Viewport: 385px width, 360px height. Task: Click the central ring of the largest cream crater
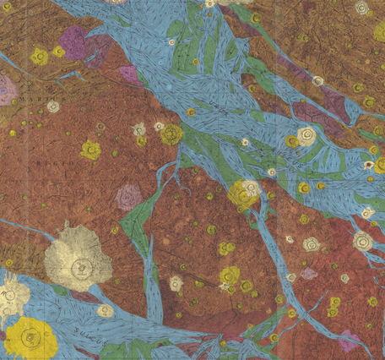coord(79,269)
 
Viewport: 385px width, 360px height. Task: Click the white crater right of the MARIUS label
coord(53,106)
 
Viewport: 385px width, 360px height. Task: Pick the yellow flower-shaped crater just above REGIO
coord(90,150)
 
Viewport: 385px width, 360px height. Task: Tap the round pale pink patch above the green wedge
coord(128,197)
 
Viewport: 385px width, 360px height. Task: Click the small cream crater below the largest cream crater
coord(105,310)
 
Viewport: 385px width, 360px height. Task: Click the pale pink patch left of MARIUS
coord(7,89)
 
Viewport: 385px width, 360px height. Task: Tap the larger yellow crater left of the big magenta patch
coord(39,57)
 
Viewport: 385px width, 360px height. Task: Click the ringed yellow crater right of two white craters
coord(171,134)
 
